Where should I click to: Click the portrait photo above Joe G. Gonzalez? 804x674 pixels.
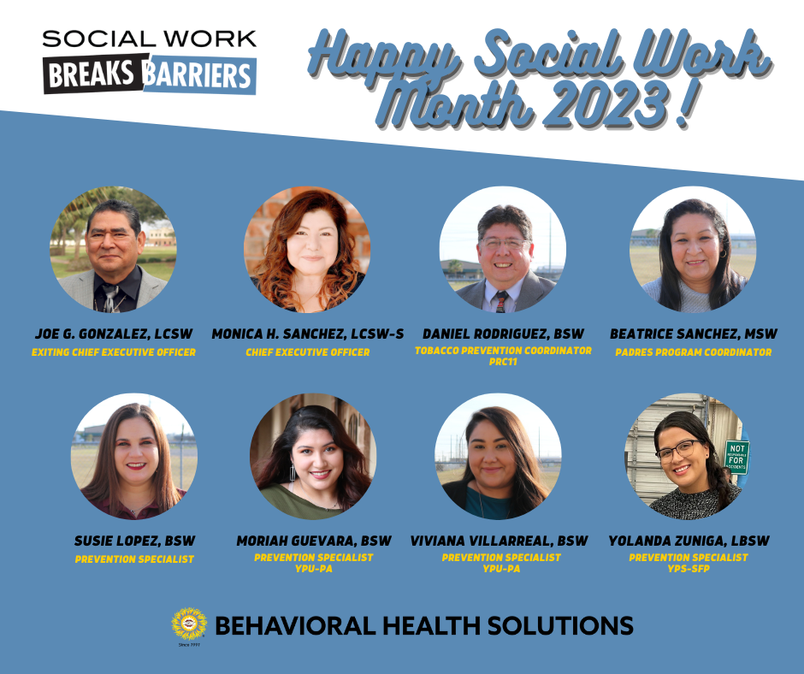pyautogui.click(x=113, y=249)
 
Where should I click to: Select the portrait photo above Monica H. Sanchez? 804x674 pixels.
pyautogui.click(x=307, y=249)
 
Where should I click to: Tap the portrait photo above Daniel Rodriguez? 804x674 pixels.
pyautogui.click(x=503, y=249)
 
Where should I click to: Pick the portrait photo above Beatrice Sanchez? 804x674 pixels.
pyautogui.click(x=693, y=249)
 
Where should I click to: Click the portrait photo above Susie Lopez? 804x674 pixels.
pyautogui.click(x=133, y=457)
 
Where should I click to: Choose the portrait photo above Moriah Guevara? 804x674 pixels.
pyautogui.click(x=313, y=457)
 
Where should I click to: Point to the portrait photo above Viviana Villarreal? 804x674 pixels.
pyautogui.click(x=498, y=457)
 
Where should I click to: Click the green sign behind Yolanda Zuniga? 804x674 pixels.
pyautogui.click(x=736, y=456)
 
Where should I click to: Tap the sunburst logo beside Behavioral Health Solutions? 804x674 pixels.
pyautogui.click(x=189, y=624)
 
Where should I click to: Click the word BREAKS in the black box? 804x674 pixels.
pyautogui.click(x=92, y=74)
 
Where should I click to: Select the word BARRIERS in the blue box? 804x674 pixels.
pyautogui.click(x=198, y=76)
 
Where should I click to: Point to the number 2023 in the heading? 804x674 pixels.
pyautogui.click(x=609, y=103)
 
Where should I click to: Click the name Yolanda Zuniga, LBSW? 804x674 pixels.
pyautogui.click(x=689, y=541)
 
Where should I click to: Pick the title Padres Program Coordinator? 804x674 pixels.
pyautogui.click(x=694, y=352)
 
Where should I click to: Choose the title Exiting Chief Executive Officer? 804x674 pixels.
pyautogui.click(x=113, y=352)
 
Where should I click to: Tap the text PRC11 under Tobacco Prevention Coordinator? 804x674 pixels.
pyautogui.click(x=503, y=362)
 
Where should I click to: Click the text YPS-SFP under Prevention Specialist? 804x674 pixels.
pyautogui.click(x=689, y=568)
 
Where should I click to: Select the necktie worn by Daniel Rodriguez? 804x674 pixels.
pyautogui.click(x=500, y=302)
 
